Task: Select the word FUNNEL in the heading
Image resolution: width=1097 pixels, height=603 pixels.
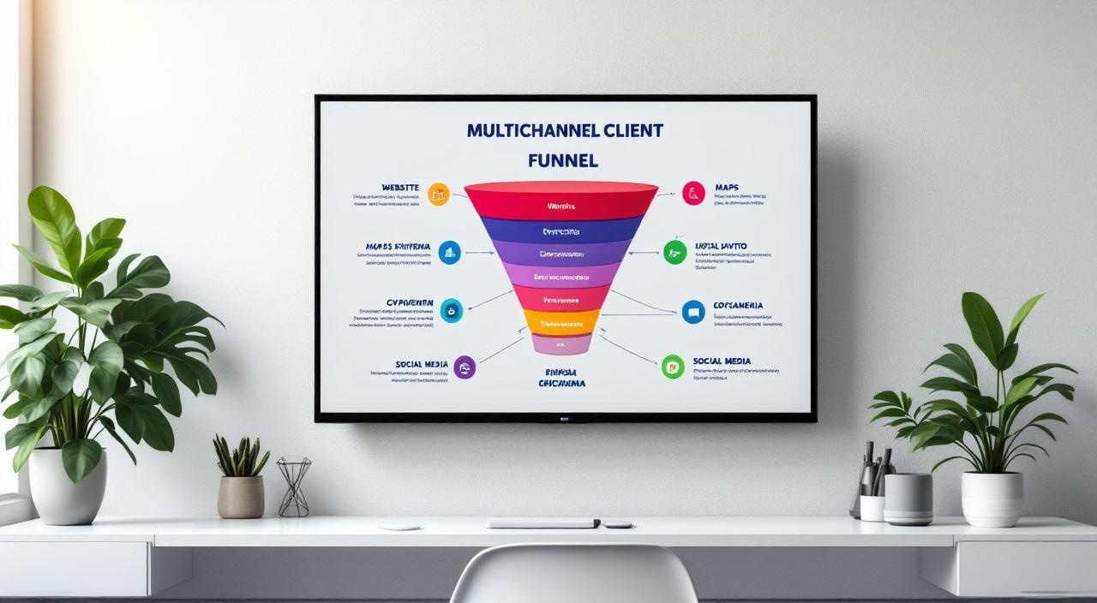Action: coord(563,160)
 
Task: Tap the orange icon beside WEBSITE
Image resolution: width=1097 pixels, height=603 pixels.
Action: coord(438,194)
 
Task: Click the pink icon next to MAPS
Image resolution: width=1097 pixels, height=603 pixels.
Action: coord(693,193)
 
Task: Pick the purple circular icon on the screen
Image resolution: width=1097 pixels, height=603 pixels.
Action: coord(464,367)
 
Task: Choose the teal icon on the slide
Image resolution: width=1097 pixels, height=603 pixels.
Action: coord(451,310)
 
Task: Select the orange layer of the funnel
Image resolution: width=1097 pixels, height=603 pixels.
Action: coord(561,323)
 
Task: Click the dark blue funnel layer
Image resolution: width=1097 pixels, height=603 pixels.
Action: coord(561,230)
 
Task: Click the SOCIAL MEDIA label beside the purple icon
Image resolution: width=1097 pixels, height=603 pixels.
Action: coord(422,364)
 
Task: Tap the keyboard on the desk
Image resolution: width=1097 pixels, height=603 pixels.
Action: coord(543,522)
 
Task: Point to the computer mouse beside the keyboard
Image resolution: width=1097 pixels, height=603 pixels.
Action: coord(617,523)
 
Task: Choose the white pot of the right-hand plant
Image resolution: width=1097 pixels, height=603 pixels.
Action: coord(992,498)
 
